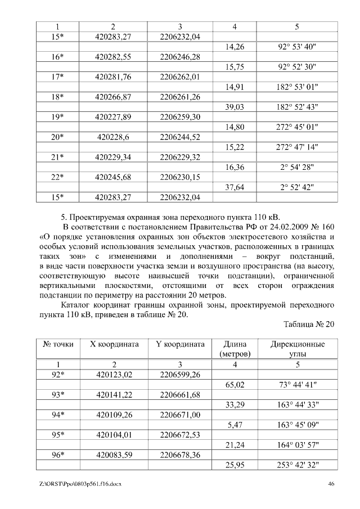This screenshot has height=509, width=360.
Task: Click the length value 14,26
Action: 234,47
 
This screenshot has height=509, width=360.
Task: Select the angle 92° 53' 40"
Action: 297,47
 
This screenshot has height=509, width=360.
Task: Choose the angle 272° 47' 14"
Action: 297,147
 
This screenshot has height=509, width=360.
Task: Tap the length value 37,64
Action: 234,187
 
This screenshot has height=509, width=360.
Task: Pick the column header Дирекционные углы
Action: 297,349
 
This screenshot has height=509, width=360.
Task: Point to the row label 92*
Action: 57,375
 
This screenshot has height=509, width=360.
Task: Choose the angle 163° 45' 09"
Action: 297,425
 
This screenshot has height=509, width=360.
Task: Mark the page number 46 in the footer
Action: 331,484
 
